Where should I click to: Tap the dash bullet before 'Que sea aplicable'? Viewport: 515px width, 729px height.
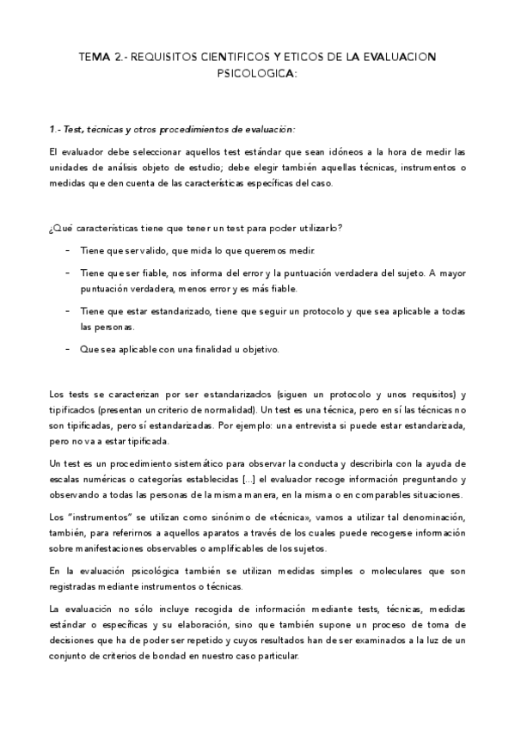tap(68, 349)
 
